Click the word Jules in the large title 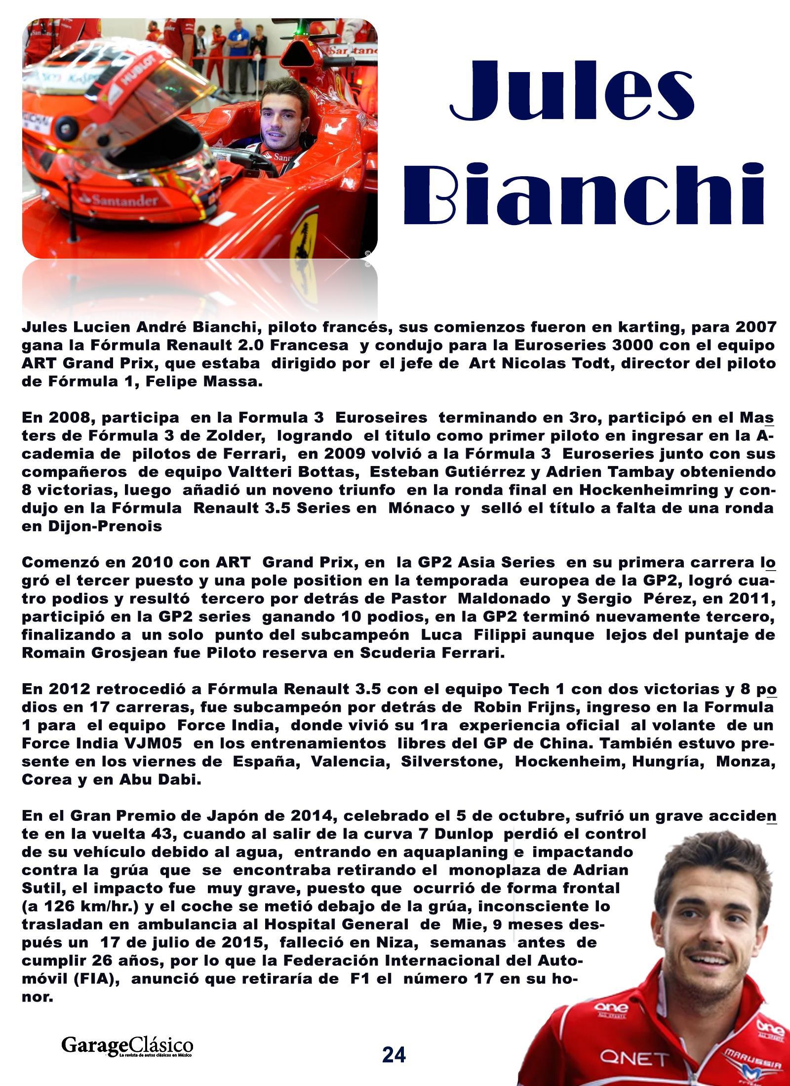(573, 91)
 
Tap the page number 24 (394, 1054)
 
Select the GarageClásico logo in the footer (127, 1047)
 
